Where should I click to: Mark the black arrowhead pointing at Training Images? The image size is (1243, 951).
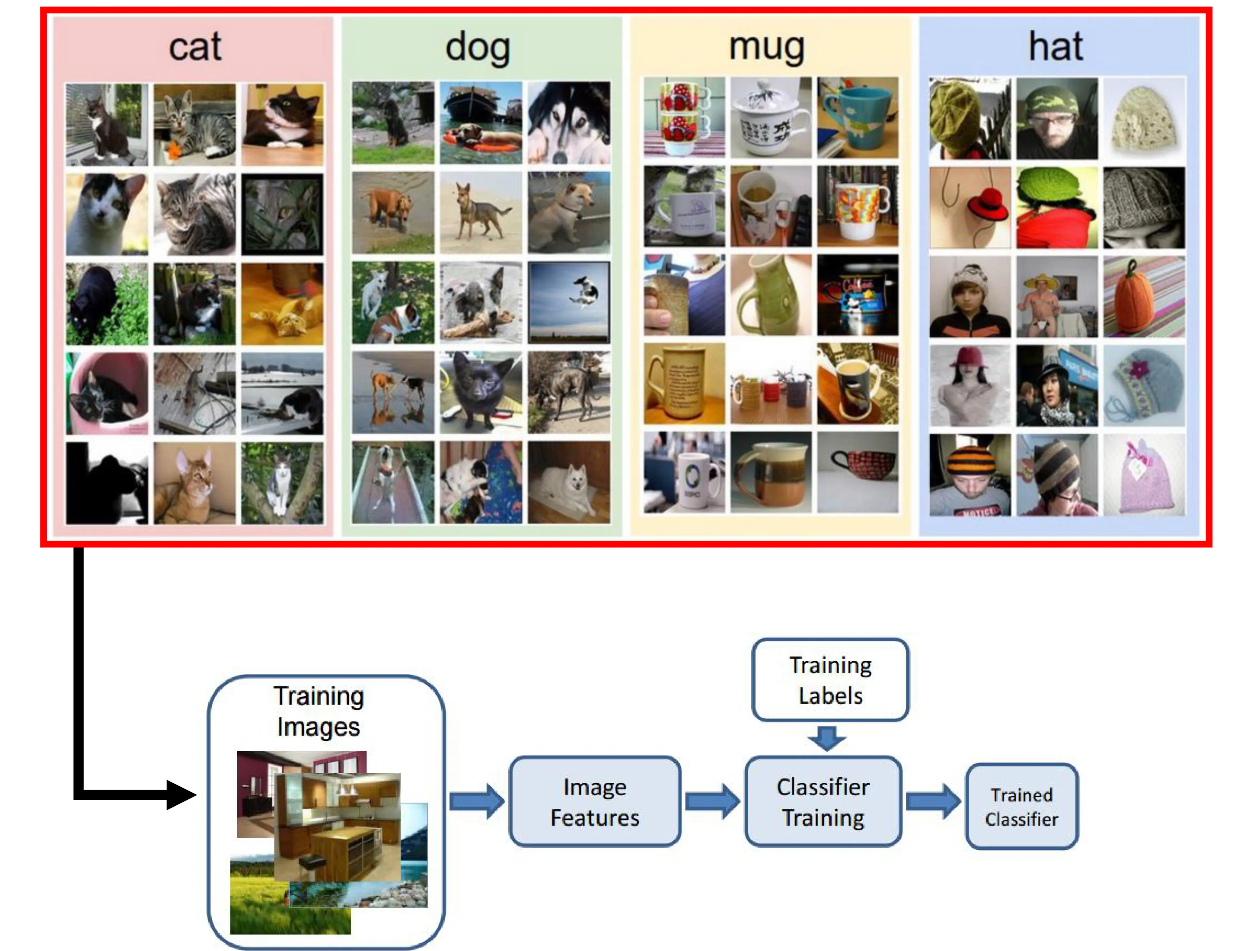pos(181,795)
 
